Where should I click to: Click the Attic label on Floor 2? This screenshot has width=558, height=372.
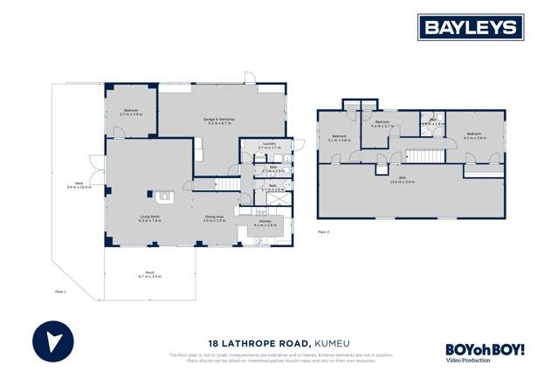point(403,180)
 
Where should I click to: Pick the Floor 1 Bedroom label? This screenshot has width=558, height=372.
point(131,112)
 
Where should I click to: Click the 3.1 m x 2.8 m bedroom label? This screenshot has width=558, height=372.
point(340,137)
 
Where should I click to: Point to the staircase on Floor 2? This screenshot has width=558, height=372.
point(427,155)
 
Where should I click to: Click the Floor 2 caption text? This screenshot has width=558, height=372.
point(323,231)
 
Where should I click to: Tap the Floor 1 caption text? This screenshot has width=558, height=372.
point(60,291)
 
